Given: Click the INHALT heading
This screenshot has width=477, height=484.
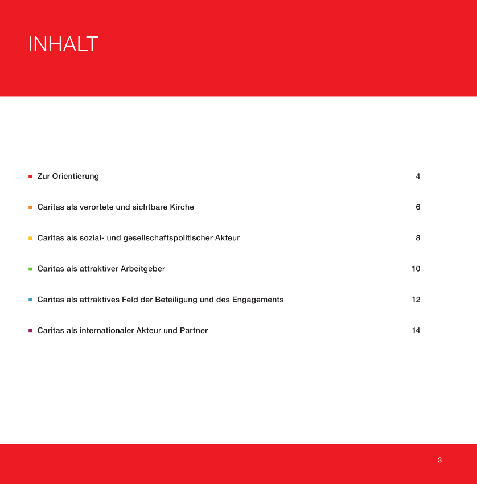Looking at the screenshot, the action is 63,44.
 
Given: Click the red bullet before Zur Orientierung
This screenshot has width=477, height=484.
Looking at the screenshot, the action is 30,177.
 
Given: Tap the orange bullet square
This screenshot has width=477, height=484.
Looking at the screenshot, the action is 30,207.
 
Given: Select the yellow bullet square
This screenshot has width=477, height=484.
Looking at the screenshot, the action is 30,238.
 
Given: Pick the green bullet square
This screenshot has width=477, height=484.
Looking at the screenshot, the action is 30,269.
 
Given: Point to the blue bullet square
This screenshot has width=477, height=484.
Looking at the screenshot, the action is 30,300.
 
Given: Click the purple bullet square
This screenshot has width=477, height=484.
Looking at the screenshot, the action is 30,330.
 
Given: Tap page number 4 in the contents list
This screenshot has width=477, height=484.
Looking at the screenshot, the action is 418,177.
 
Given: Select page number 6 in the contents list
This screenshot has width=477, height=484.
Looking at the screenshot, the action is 418,207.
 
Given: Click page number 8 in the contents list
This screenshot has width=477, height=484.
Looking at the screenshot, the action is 418,238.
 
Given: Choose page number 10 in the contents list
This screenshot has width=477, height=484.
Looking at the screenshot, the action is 416,269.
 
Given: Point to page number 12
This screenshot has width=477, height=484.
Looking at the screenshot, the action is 416,300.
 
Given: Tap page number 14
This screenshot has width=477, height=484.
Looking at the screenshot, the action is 416,330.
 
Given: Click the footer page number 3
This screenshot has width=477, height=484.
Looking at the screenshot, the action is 439,460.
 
